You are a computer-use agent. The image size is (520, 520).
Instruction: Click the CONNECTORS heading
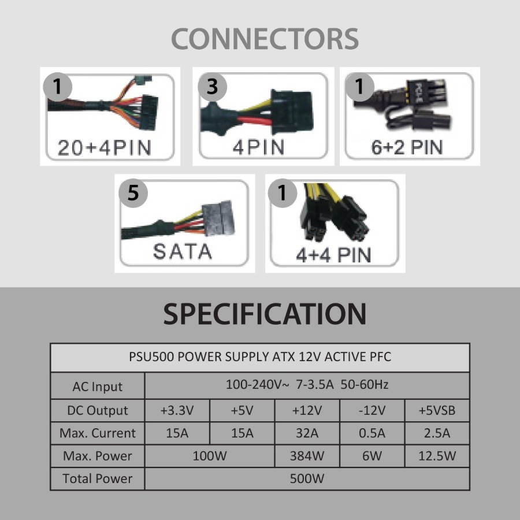coord(265,39)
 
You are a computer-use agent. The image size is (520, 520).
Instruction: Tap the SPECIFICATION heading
coord(265,314)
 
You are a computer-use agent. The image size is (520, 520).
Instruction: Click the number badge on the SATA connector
coord(133,192)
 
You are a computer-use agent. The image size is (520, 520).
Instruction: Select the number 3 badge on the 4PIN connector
coord(212,86)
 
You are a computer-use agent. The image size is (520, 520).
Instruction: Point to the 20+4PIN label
coord(104,148)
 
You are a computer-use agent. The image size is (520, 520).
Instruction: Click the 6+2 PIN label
coord(407,147)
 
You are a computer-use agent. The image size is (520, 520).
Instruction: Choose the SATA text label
coord(183,251)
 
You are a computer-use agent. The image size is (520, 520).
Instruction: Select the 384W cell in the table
coord(307,456)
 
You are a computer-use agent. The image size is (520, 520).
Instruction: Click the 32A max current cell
coord(307,433)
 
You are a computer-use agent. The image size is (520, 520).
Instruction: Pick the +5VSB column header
coord(437,411)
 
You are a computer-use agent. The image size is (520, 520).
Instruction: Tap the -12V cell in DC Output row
coord(372,411)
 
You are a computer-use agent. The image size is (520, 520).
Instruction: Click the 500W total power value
coord(307,478)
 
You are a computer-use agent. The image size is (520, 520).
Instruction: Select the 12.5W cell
coord(437,456)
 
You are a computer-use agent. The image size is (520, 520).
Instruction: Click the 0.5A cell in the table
coord(372,433)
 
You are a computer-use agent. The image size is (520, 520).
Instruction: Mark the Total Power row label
coord(98,478)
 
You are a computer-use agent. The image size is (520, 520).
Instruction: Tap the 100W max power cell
coord(209,456)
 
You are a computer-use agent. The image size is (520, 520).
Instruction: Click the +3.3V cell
coord(177,411)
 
